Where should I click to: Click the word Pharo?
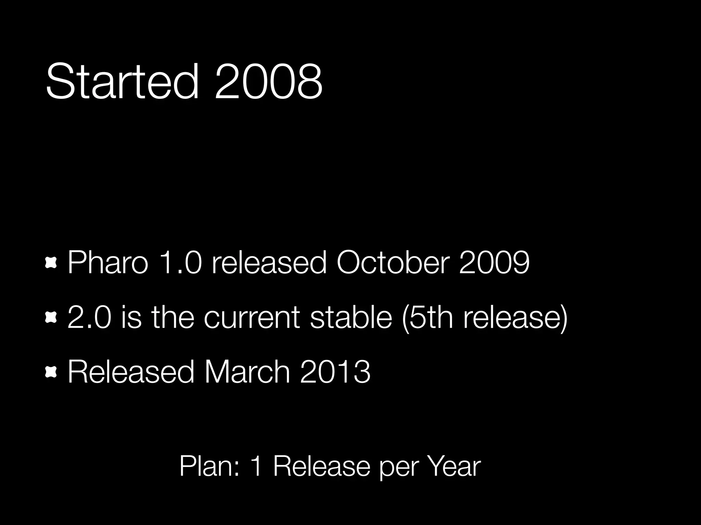click(x=108, y=262)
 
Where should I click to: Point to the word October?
click(x=392, y=262)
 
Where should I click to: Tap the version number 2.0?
click(x=89, y=317)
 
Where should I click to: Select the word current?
click(x=252, y=317)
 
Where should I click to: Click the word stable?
click(x=351, y=317)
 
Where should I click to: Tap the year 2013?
click(x=335, y=372)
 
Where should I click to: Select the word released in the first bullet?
click(x=269, y=262)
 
